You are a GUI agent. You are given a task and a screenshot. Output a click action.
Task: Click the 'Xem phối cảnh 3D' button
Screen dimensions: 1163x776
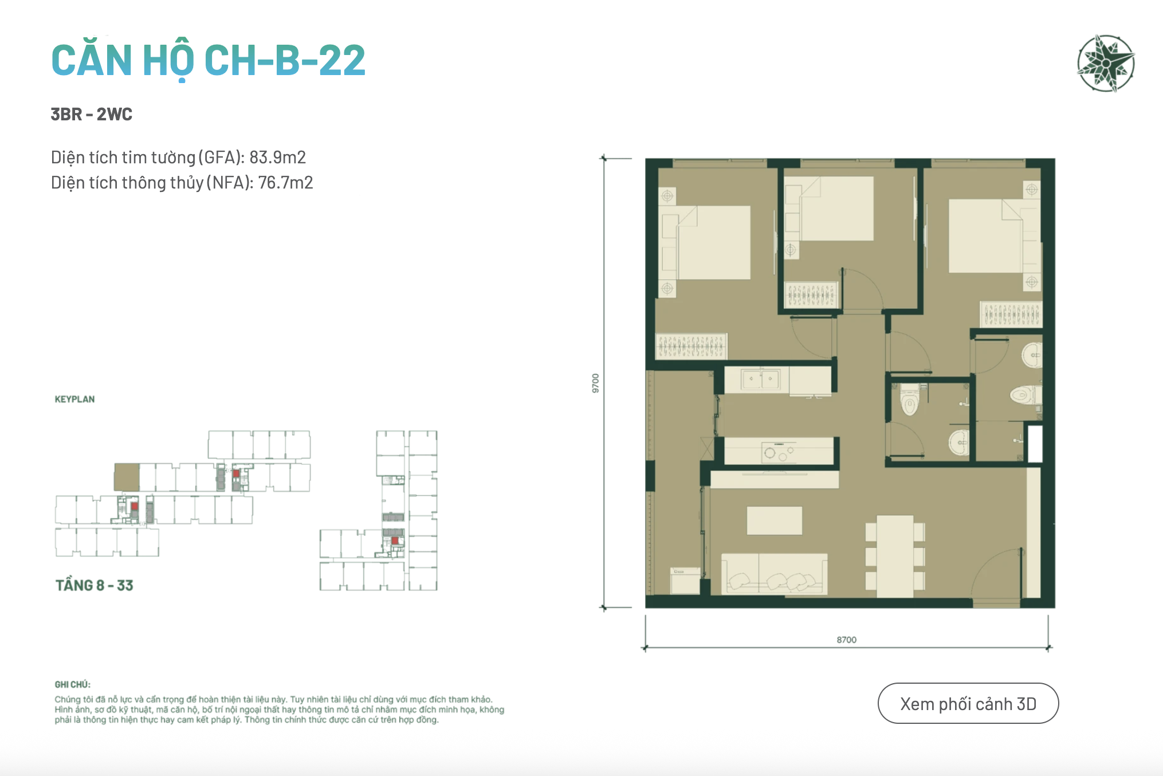coord(968,703)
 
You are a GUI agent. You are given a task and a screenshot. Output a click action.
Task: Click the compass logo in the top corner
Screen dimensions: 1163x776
coord(1106,63)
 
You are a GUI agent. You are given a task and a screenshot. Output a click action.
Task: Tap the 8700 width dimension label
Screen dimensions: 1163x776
coord(846,640)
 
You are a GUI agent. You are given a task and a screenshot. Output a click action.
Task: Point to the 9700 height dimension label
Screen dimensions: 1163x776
coord(595,383)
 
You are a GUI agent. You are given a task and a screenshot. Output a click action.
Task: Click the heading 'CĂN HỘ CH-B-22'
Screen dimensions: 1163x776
coord(208,60)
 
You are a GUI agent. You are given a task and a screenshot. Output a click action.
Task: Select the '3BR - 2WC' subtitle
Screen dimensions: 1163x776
coord(92,114)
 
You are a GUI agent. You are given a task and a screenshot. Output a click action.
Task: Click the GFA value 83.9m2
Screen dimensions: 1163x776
coord(277,157)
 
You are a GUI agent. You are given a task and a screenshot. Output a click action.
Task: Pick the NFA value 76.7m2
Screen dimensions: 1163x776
coord(285,182)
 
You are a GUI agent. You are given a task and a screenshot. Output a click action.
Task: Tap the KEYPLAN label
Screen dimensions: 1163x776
coord(74,399)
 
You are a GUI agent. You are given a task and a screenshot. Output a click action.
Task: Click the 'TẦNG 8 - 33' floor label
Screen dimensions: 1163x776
coord(95,585)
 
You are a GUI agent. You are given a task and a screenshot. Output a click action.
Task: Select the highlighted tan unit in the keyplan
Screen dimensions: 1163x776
coord(127,477)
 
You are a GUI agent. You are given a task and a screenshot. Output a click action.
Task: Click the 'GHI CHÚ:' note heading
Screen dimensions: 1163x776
coord(73,684)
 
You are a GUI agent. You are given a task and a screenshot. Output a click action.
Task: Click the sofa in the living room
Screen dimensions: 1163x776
coord(774,573)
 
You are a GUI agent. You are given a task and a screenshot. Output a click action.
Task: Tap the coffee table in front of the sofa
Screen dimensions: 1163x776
coord(774,520)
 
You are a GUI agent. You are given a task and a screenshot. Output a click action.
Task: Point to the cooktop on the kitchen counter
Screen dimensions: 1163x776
coord(779,452)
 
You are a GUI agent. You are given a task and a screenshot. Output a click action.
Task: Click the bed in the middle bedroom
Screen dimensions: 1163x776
coord(836,208)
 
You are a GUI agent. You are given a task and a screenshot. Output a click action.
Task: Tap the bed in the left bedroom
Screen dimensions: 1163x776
coord(713,242)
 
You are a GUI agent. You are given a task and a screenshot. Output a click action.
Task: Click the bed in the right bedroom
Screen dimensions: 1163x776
coord(985,236)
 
